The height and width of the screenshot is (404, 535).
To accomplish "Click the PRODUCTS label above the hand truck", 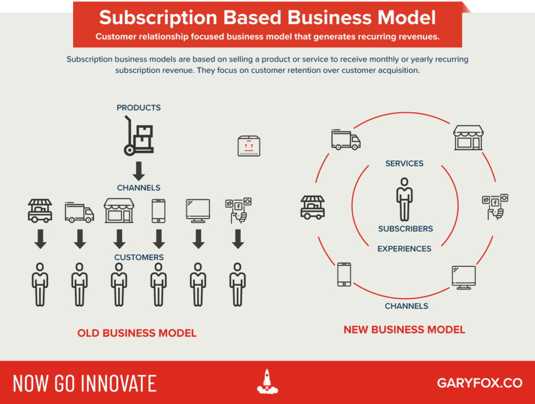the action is [138, 108].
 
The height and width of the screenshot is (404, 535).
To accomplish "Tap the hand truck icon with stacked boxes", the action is [138, 136].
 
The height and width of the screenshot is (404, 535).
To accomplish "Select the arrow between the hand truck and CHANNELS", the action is [138, 171].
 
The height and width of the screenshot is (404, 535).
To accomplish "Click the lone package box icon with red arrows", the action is [249, 146].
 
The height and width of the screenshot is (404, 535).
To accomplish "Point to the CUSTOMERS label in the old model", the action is [139, 257].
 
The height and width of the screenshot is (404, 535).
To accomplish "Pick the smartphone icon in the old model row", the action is [158, 211].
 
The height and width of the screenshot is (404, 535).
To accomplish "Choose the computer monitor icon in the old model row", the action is [198, 211].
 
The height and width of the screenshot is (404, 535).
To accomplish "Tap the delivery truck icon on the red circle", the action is [346, 139].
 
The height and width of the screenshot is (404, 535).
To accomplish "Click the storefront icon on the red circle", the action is [468, 138].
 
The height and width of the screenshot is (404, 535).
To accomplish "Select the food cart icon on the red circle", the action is [312, 207].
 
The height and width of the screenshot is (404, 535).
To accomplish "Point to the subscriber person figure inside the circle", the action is [404, 199].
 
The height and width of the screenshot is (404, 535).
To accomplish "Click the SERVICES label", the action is [404, 163].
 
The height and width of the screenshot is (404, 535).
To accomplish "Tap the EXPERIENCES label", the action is [404, 249].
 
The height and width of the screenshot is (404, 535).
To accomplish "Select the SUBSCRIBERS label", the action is [405, 229].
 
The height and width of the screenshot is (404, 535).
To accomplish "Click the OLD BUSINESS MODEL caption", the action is [137, 333].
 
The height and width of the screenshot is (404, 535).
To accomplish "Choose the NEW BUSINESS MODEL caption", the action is [404, 330].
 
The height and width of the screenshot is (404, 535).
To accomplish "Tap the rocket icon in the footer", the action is [267, 381].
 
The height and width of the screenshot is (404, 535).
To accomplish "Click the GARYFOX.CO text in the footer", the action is [480, 383].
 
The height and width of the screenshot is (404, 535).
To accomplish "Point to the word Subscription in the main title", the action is [158, 18].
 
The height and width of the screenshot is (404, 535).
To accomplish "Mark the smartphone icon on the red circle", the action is [344, 274].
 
